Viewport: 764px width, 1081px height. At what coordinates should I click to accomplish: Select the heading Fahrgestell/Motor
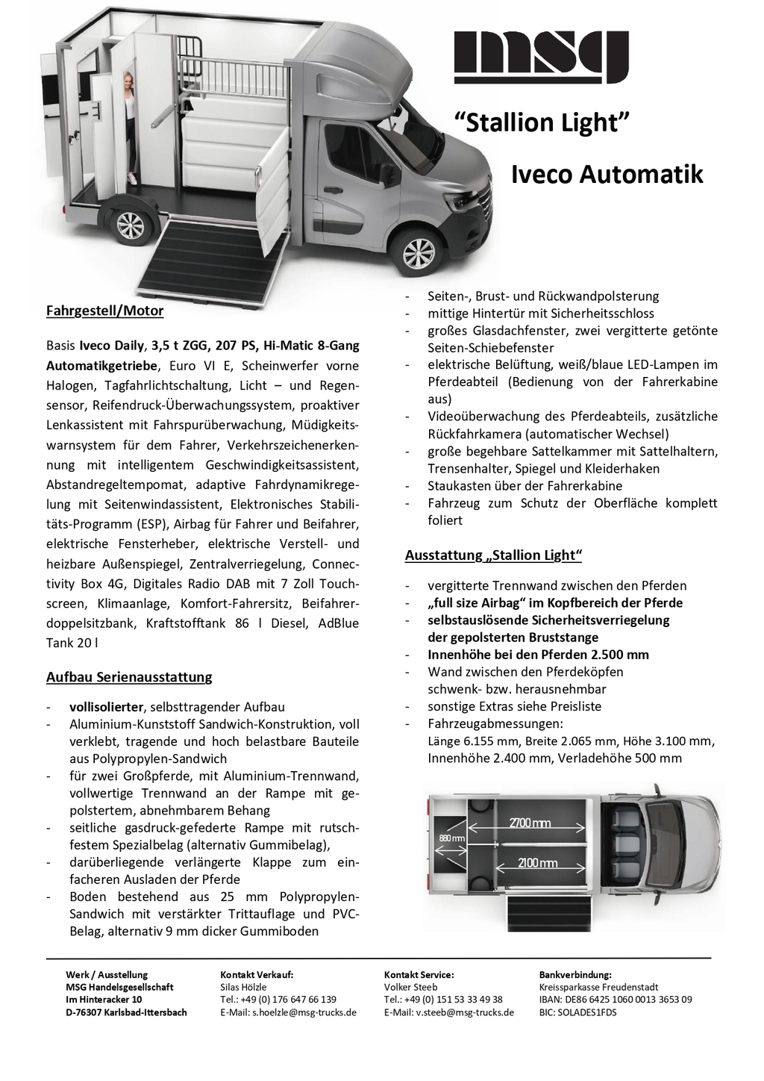coord(104,311)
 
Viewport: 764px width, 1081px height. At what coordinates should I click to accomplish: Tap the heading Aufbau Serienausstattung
coord(129,677)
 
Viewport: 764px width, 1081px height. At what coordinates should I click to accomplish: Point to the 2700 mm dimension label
coord(530,823)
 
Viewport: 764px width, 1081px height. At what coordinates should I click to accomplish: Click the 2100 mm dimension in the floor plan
coord(538,864)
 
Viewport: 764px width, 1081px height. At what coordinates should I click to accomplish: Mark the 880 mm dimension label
coord(451,838)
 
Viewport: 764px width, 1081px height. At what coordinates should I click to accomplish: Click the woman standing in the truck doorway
coord(131,128)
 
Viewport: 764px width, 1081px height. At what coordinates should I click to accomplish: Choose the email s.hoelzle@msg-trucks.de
coord(289,1013)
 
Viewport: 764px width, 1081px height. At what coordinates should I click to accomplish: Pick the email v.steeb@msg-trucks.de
coord(449,1013)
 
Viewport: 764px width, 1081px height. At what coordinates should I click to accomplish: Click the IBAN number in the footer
coord(616,1000)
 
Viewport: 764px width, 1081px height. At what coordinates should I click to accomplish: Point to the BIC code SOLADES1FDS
coord(577,1013)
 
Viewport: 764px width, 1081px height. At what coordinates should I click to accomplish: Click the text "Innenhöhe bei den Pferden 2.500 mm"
coord(538,655)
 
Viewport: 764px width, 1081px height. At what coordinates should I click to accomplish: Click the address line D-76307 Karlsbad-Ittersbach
coord(126,1013)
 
